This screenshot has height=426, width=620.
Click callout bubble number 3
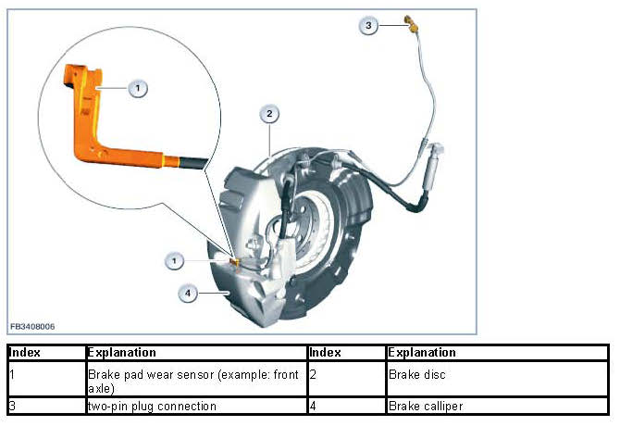coord(369,26)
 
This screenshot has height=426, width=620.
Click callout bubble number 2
coord(269,115)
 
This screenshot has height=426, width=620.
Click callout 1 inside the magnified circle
coord(137,88)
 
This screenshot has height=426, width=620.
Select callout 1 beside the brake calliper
coord(173,261)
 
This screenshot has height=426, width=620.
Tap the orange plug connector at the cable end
coord(411,23)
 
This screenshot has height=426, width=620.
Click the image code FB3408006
coord(32,327)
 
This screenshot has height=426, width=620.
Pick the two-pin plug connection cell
coord(152,406)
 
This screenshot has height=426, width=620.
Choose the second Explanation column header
coord(422,353)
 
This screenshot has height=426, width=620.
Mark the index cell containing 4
coord(345,406)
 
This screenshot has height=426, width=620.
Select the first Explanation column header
coord(121,353)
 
